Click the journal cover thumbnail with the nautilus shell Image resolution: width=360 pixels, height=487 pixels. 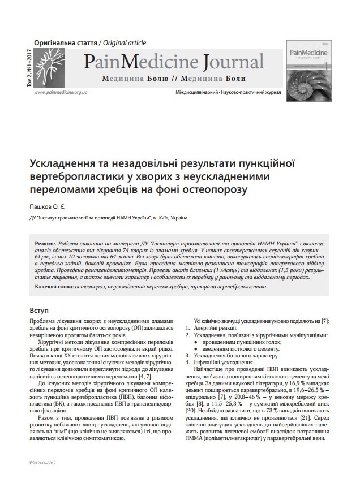(x=310, y=67)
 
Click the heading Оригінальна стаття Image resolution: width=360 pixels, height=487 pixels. (x=65, y=43)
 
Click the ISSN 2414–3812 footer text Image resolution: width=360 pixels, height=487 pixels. (x=45, y=462)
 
